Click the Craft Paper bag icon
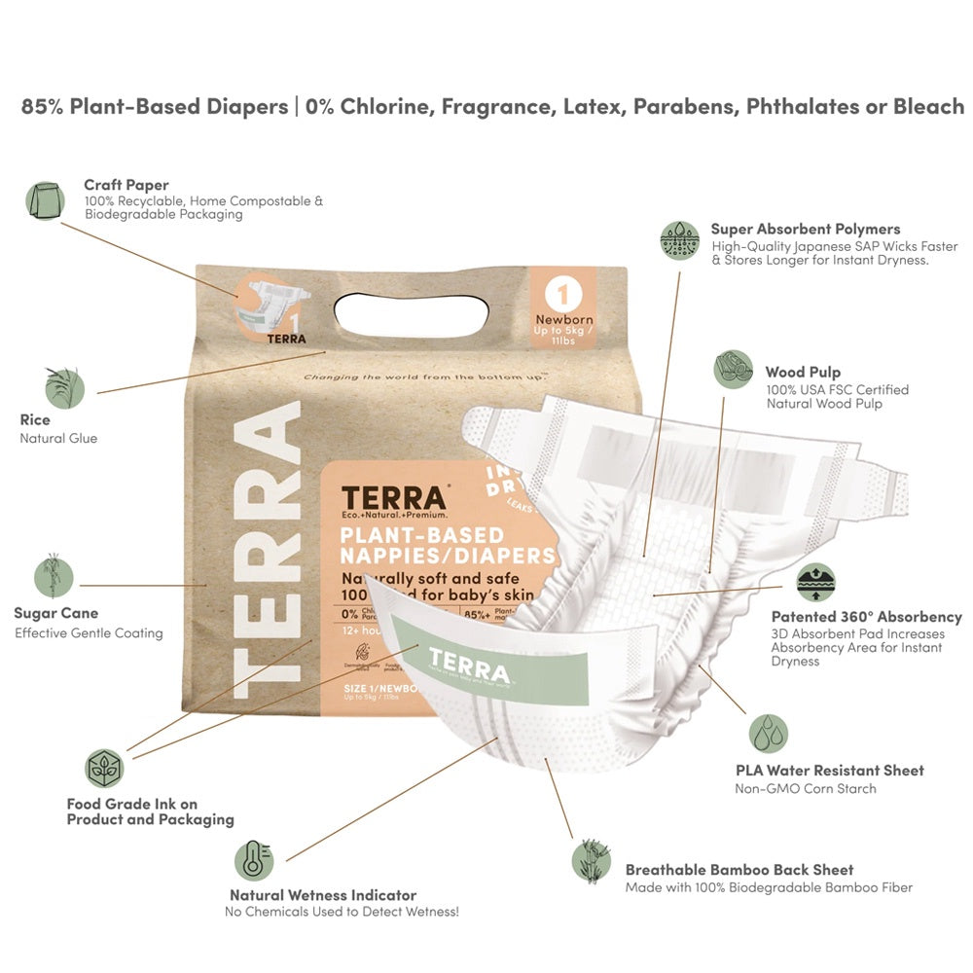tap(45, 200)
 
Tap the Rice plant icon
tap(64, 387)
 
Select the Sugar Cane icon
tap(54, 575)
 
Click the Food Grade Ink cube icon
tap(104, 768)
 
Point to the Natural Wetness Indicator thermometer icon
tap(253, 860)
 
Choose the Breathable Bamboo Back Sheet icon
tap(591, 859)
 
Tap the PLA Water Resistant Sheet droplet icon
tap(768, 734)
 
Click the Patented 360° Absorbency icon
tap(815, 582)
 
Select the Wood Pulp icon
tap(733, 370)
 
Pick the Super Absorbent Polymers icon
tap(679, 239)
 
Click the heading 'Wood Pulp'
tap(803, 372)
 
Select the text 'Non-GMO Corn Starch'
tap(805, 788)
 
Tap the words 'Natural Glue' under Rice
tap(58, 439)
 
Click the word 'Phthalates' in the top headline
tap(803, 106)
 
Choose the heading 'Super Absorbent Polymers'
tap(805, 230)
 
